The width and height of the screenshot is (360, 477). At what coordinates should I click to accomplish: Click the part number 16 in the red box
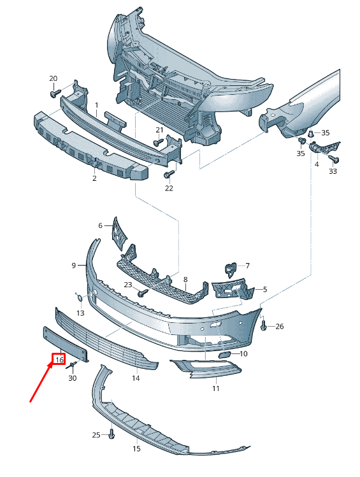click(x=59, y=360)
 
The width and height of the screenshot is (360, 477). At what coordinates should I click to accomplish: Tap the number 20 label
click(x=54, y=78)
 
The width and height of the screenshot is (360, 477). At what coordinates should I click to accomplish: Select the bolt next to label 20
click(x=55, y=93)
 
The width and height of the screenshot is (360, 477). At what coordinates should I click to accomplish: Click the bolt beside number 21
click(x=159, y=142)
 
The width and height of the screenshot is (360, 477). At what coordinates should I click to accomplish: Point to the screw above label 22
click(x=169, y=174)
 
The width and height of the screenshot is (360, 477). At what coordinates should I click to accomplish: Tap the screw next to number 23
click(x=143, y=293)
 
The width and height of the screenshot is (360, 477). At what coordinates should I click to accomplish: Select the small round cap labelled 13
click(x=80, y=298)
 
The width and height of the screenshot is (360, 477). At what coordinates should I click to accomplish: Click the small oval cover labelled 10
click(x=224, y=355)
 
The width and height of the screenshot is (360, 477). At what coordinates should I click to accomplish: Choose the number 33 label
click(x=333, y=171)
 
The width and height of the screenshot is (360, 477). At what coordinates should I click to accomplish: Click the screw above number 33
click(x=335, y=159)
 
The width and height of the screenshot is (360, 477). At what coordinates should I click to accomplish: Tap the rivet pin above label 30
click(x=73, y=364)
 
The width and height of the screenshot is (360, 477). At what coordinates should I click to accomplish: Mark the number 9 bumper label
click(x=73, y=266)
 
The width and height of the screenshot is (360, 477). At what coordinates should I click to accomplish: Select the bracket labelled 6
click(x=119, y=234)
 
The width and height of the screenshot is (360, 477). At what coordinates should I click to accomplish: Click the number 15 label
click(x=136, y=449)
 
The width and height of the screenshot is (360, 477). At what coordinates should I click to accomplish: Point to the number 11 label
click(x=216, y=388)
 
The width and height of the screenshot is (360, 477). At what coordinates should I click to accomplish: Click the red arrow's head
click(x=50, y=363)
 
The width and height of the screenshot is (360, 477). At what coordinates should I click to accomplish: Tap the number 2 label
click(x=94, y=178)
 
